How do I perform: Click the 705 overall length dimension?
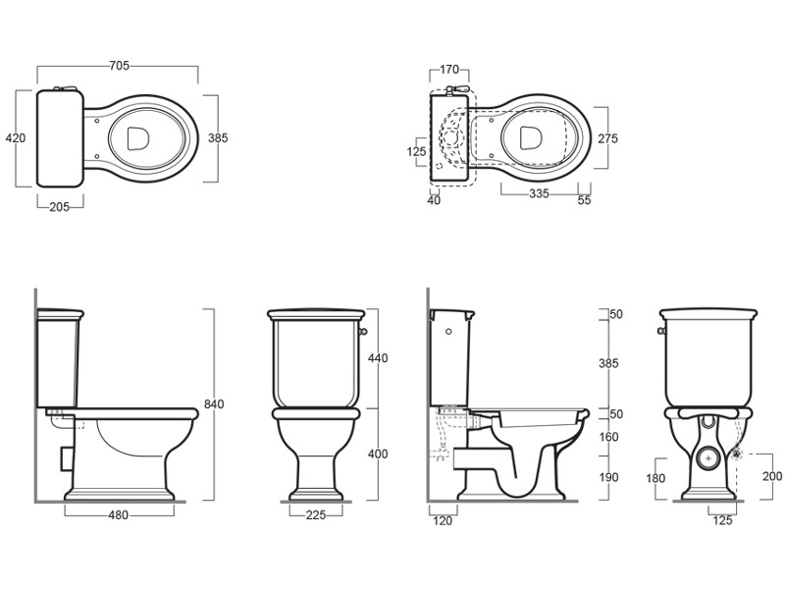coord(119,66)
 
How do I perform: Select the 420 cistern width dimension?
coord(16,137)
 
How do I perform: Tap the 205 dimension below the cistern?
coord(59,207)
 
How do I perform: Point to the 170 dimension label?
coord(449,69)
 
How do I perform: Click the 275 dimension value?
coord(607,138)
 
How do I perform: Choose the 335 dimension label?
coord(539,193)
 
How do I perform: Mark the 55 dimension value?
coord(584,200)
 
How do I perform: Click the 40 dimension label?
coord(434,200)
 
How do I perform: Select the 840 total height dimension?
coord(214,403)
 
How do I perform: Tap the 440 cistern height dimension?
coord(378,358)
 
